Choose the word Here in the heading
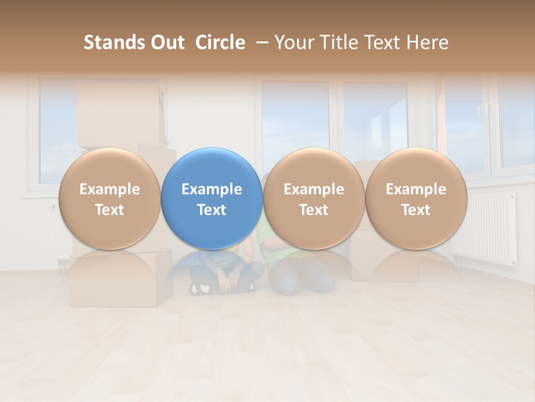[x=428, y=42]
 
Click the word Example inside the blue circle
[x=212, y=189]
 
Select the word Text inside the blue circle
[x=212, y=210]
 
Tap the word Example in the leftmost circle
[x=109, y=189]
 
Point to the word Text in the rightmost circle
[x=416, y=210]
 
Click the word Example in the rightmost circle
[x=416, y=189]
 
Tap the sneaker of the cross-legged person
[x=202, y=289]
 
